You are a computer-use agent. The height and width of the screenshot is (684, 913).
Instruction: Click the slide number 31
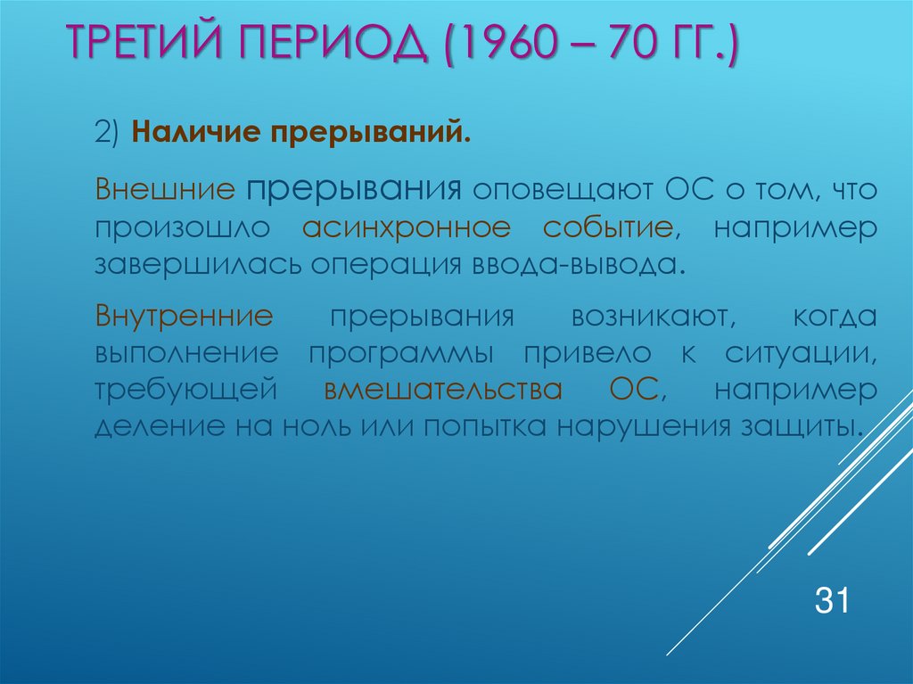pos(830,600)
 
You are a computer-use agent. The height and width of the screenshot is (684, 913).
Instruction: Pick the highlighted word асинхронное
pos(406,227)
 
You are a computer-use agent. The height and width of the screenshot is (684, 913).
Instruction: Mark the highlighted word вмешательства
pos(443,390)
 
